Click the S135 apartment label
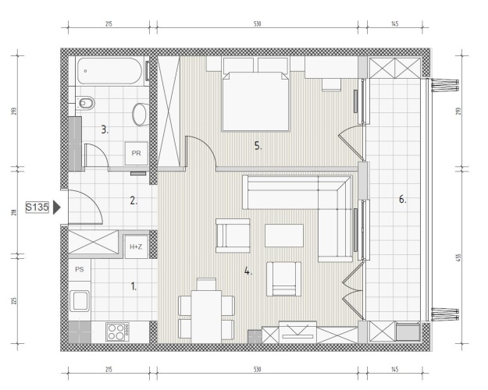point(37,207)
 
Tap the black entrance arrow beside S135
point(56,207)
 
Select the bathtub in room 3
point(109,71)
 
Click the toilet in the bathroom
point(85,103)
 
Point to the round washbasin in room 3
point(141,114)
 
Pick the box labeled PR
point(136,154)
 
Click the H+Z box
point(136,247)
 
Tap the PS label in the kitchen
point(80,269)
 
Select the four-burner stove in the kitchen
point(117,331)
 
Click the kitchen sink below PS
point(80,301)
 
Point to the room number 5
point(258,146)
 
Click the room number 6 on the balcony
point(403,200)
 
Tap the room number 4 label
point(248,271)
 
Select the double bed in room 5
point(256,101)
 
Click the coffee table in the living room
point(284,236)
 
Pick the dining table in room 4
point(206,317)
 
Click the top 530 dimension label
point(258,23)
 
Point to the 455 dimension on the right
point(458,258)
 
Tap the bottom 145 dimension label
point(394,370)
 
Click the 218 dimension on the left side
point(14,213)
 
